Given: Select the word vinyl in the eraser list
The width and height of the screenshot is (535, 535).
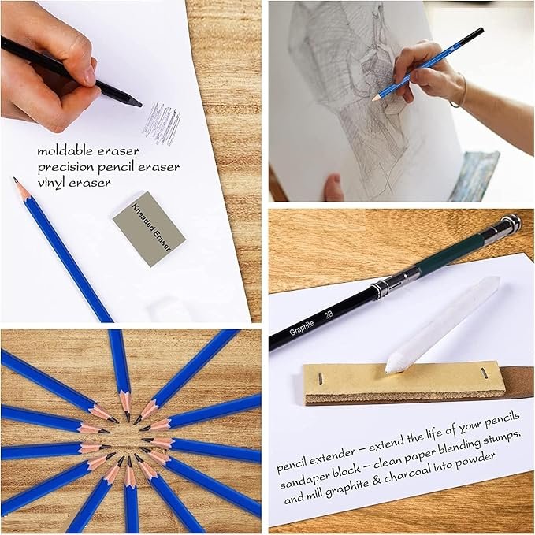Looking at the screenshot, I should point(53,183).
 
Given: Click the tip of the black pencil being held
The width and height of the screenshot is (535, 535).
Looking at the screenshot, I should point(138,102).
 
